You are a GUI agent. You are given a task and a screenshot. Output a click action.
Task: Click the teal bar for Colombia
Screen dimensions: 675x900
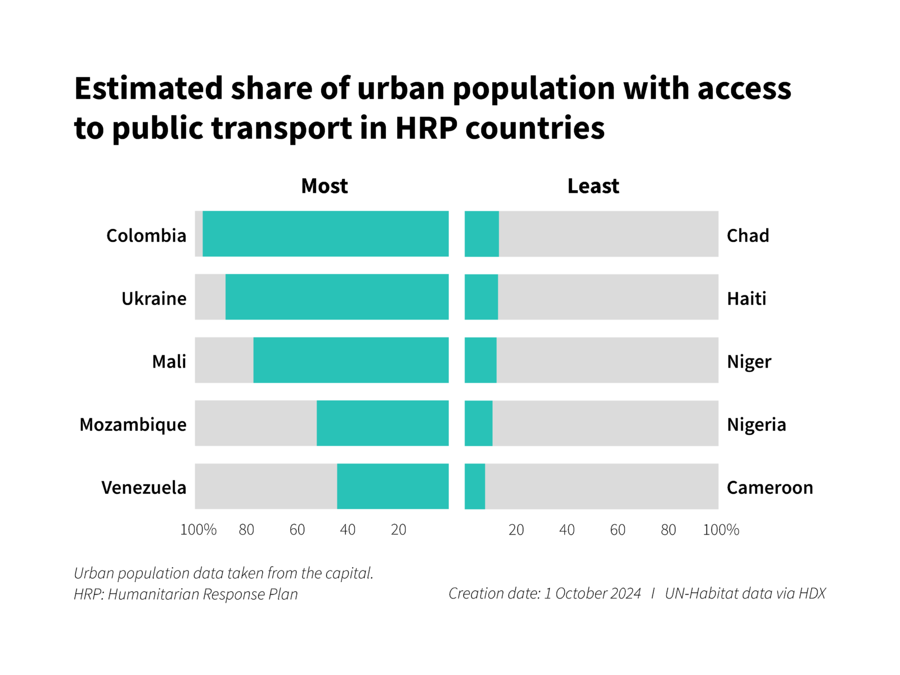coord(325,234)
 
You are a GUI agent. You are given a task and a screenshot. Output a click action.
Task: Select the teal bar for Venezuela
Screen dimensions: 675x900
coord(393,486)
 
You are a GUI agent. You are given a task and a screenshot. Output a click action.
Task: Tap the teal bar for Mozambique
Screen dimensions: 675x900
coord(382,423)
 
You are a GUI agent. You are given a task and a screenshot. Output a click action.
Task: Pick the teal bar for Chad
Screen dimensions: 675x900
coord(481,234)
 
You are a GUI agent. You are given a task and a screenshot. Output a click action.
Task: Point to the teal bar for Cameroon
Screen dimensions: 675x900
coord(475,486)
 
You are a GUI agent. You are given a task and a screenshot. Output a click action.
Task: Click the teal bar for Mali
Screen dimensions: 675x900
coord(351,360)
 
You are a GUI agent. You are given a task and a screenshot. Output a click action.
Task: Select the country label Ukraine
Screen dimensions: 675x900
coord(154,298)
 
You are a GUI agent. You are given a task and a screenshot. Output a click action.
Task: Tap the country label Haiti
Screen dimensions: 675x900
coord(746,298)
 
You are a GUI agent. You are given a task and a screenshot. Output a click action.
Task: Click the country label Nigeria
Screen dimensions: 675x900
coord(756,424)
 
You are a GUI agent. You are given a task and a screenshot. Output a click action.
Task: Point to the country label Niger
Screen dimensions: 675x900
coord(749,361)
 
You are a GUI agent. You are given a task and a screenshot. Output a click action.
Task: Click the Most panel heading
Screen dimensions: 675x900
coord(324,186)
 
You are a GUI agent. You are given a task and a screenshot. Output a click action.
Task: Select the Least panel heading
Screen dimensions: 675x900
coord(593,186)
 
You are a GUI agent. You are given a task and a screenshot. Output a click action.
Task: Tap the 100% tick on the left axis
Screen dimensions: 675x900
coord(198,529)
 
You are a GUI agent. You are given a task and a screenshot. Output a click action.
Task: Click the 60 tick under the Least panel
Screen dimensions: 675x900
coord(618,529)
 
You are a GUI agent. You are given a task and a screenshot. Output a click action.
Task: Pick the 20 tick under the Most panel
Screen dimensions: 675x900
coord(398,529)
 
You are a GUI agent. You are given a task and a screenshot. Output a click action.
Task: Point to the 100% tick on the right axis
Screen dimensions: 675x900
coord(721,529)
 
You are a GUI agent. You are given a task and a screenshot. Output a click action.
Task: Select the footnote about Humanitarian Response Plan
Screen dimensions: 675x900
coord(186,594)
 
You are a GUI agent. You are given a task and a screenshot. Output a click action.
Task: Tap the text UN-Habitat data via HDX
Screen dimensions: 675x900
coord(745,593)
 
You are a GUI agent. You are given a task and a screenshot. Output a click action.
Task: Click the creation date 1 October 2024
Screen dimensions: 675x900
coord(592,593)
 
